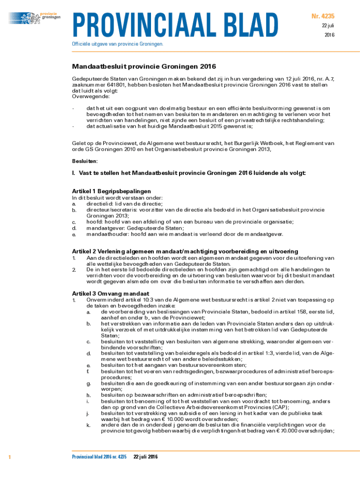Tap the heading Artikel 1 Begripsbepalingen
click(111, 191)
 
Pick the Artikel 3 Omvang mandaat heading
click(104, 293)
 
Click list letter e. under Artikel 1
click(74, 234)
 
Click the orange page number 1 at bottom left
click(10, 456)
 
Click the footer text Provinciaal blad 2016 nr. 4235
click(99, 456)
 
